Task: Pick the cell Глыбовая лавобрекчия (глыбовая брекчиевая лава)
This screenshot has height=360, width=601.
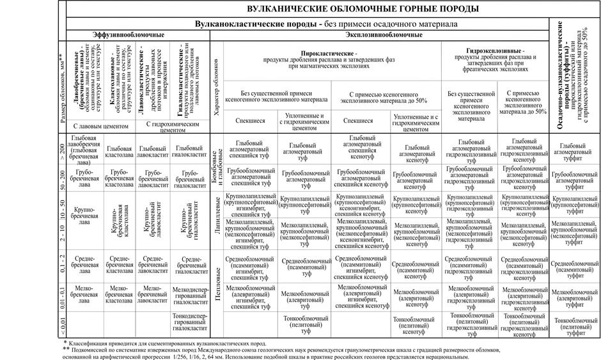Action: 84,150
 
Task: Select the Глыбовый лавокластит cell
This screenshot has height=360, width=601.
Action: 153,150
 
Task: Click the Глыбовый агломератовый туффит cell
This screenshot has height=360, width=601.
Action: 573,150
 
